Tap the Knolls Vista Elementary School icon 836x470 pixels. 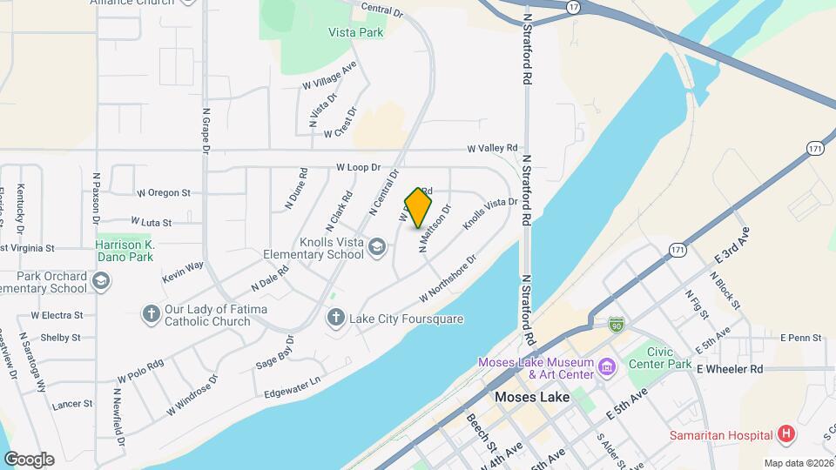point(377,248)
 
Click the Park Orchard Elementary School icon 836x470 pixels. point(101,282)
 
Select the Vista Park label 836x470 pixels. point(356,33)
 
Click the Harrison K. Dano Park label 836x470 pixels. point(125,252)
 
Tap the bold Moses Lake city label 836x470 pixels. point(531,397)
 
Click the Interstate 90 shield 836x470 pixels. point(616,324)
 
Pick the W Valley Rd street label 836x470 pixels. point(492,148)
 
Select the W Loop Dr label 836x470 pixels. point(359,167)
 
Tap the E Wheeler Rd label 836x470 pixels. point(730,369)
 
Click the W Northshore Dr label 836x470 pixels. point(448,279)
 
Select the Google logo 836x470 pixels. point(29,459)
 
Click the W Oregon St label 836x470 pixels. point(164,192)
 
